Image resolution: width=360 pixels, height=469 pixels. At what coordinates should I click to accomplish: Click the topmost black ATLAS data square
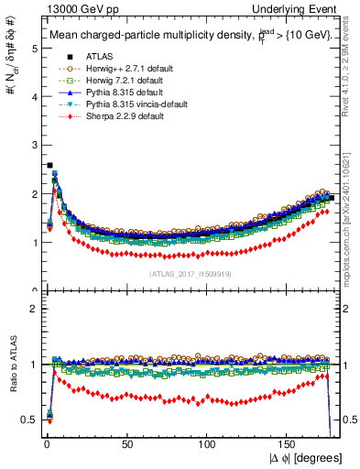click(x=49, y=166)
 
